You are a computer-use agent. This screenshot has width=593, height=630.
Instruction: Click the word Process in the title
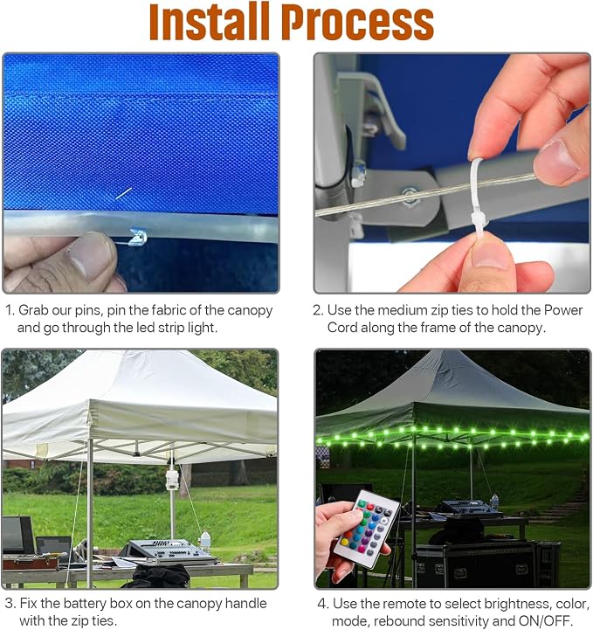pyautogui.click(x=358, y=22)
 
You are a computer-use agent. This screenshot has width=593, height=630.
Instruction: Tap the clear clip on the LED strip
pyautogui.click(x=137, y=237)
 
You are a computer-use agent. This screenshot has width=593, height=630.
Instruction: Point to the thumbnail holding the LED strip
pyautogui.click(x=91, y=256)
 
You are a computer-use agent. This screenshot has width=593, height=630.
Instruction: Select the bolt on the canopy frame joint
pyautogui.click(x=410, y=196)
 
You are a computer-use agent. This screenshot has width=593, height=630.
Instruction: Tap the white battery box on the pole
pyautogui.click(x=172, y=481)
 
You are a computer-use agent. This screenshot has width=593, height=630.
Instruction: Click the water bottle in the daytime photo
pyautogui.click(x=205, y=541)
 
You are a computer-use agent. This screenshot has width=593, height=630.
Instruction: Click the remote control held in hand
pyautogui.click(x=367, y=529)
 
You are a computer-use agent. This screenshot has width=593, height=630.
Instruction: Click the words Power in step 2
pyautogui.click(x=563, y=310)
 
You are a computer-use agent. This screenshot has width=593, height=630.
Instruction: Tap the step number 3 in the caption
pyautogui.click(x=10, y=604)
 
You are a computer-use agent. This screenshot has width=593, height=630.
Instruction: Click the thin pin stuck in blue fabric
pyautogui.click(x=124, y=193)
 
